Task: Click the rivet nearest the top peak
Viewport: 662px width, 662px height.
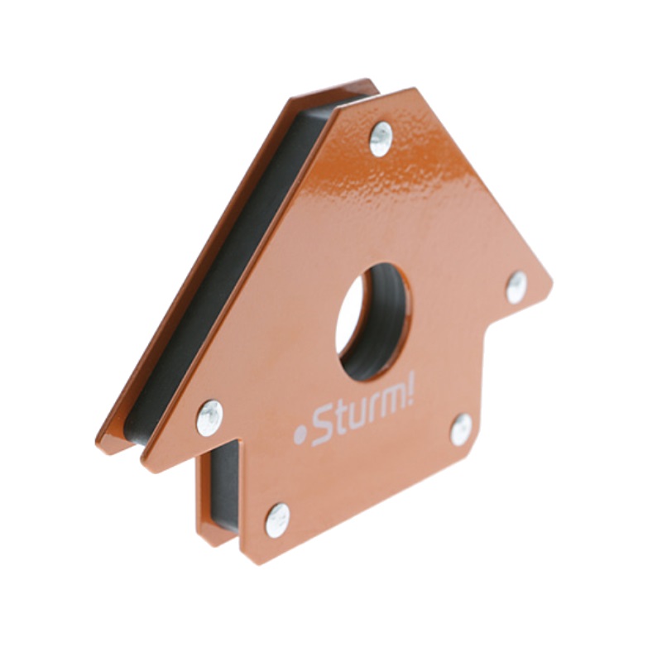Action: (x=381, y=139)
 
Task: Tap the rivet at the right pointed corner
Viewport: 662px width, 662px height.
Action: (x=516, y=287)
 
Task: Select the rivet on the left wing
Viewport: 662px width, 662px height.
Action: (x=209, y=418)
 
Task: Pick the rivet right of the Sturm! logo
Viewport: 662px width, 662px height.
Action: (x=461, y=429)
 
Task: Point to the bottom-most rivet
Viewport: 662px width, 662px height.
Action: (x=278, y=520)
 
